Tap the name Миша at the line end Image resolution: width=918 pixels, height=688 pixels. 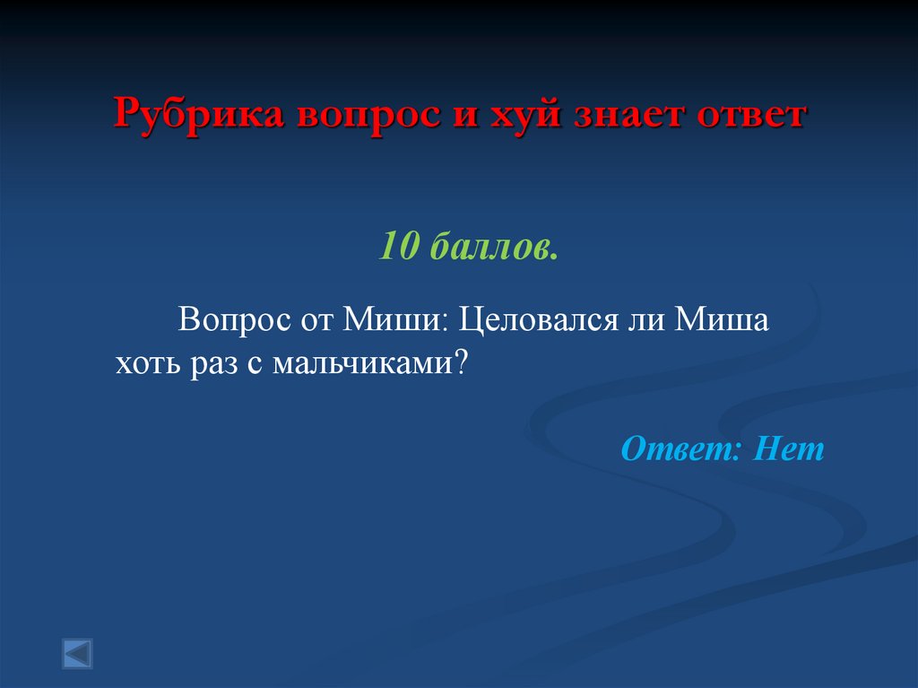click(x=723, y=320)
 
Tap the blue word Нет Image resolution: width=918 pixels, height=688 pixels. click(x=788, y=448)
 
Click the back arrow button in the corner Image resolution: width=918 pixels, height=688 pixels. click(x=77, y=653)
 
